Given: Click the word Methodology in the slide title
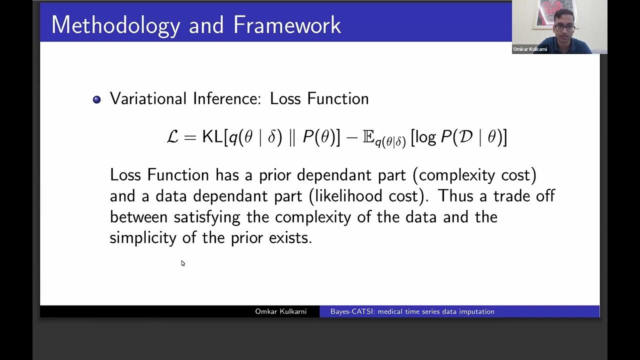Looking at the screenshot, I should [115, 25].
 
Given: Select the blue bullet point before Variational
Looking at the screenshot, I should [97, 99].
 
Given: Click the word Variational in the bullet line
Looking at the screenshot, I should [148, 98].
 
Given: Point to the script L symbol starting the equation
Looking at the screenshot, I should [172, 137].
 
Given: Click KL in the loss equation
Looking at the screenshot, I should [212, 137].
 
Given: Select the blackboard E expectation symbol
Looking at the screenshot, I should [368, 137].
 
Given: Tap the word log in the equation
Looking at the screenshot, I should [425, 138].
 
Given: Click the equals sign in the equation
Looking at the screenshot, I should [190, 137].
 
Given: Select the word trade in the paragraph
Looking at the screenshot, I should [514, 196].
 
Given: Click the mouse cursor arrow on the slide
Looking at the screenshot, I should [182, 263].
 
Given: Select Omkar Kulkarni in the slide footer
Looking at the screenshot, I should [280, 311].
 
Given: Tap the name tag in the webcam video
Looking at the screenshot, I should [530, 49].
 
